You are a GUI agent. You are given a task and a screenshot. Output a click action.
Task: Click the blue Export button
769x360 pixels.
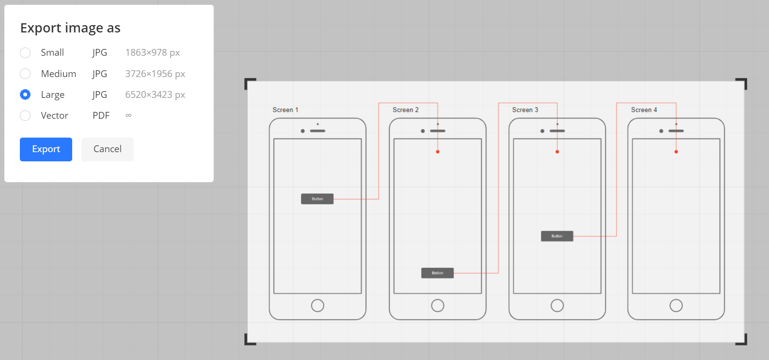tap(46, 149)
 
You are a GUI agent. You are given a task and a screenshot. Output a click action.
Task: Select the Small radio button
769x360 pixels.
tap(25, 52)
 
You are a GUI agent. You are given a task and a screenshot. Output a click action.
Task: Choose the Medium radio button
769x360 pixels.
tap(25, 74)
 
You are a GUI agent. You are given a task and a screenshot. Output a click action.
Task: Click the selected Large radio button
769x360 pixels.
tap(25, 94)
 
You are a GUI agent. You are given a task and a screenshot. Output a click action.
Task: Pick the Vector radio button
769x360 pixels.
tap(25, 115)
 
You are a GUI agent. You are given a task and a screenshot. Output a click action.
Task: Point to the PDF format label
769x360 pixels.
tap(101, 115)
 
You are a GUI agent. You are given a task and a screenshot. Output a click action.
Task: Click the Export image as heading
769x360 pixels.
tap(70, 28)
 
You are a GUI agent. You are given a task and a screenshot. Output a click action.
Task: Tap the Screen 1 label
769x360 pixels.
tap(285, 110)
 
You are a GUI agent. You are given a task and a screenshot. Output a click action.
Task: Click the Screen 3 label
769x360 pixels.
tap(525, 110)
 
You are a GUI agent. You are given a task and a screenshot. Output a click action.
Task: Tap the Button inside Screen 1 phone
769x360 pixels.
tap(317, 199)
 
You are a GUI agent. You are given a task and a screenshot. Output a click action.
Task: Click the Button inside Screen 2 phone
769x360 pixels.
tap(438, 273)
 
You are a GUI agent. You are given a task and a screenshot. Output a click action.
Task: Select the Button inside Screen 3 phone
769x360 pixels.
tap(557, 236)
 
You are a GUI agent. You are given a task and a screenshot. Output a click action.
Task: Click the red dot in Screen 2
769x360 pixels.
tap(438, 152)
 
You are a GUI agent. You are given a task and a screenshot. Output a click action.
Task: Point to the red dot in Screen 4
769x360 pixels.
tap(676, 152)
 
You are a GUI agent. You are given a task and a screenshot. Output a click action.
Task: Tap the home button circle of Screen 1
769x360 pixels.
tap(317, 305)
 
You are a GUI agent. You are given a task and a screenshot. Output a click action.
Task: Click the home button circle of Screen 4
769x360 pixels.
tap(676, 305)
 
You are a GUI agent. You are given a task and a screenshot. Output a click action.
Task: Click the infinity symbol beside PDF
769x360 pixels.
tap(128, 115)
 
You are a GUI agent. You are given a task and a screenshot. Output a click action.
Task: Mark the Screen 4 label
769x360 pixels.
tap(644, 110)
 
